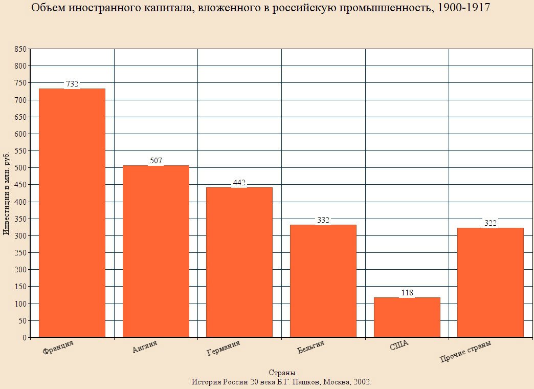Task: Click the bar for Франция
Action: point(72,213)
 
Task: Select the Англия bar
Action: point(156,251)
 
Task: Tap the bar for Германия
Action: point(239,262)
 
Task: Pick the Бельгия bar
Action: point(323,281)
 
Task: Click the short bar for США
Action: point(407,317)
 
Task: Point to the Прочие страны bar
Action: point(491,283)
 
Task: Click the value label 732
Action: point(72,83)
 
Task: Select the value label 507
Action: point(156,160)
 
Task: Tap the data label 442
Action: point(239,183)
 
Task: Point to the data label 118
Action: point(407,292)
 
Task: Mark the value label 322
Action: point(491,223)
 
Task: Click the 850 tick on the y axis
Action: point(20,49)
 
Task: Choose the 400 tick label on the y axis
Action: point(20,202)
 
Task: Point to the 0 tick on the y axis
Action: point(25,337)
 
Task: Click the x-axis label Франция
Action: point(58,348)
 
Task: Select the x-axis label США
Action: point(399,345)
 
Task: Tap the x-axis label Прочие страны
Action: point(465,351)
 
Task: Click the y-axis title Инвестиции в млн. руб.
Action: point(6,193)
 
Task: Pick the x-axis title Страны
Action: point(282,372)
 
